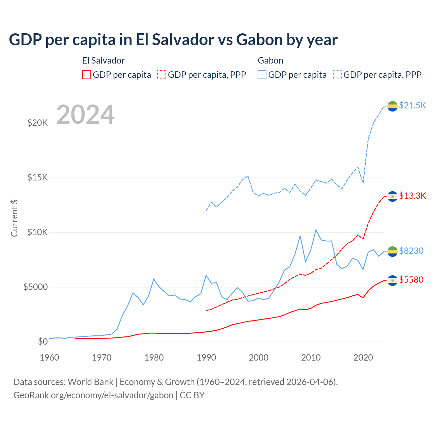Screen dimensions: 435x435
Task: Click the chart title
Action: point(173,40)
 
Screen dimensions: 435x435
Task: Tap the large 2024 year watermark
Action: point(85,115)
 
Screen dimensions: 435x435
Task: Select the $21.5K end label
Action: point(412,105)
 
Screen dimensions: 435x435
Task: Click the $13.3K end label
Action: point(412,196)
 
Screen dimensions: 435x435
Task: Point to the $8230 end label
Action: point(411,251)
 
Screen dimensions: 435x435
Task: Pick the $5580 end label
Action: point(411,280)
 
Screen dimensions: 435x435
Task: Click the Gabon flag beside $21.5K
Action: point(393,106)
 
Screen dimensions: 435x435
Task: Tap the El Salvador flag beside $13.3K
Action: point(393,196)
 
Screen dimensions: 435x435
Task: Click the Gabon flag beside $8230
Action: point(393,251)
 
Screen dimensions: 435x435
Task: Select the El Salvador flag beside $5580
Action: point(393,280)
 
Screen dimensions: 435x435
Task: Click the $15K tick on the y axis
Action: point(38,178)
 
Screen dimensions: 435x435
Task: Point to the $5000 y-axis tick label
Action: point(35,287)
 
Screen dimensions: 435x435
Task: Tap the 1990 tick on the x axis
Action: point(206,358)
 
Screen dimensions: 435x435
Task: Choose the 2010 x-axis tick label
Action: point(311,358)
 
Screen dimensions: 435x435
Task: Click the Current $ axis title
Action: point(14,218)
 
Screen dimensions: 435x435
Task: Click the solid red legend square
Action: point(87,75)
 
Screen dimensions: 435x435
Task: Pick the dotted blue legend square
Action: point(337,75)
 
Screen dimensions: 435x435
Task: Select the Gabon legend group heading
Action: point(271,60)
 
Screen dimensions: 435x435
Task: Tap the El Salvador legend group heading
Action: point(103,60)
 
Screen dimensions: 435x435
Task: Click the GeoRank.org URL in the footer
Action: point(93,395)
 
